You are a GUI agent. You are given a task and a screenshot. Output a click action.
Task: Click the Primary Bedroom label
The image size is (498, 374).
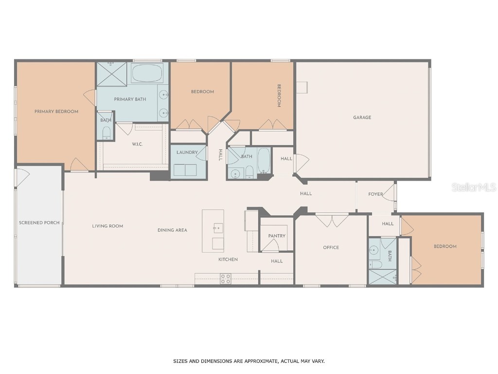tap(56, 112)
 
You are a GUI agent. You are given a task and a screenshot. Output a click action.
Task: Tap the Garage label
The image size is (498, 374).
tap(362, 117)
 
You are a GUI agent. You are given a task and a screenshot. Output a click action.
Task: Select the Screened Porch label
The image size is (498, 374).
tap(39, 223)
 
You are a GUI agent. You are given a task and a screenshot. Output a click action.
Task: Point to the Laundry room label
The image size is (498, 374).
tap(187, 152)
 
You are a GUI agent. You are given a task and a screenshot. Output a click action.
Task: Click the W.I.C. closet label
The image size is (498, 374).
tap(137, 144)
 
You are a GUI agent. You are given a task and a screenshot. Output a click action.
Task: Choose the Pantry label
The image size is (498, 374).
tap(277, 236)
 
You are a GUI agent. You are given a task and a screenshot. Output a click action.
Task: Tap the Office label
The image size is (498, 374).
tap(331, 247)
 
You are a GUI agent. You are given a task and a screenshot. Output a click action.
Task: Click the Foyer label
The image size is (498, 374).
tap(375, 194)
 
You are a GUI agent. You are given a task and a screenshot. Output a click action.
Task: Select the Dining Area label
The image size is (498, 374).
tap(173, 230)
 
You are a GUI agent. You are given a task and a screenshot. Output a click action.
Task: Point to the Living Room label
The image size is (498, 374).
tap(107, 226)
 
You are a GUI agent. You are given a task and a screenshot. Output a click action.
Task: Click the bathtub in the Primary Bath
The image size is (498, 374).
tap(147, 73)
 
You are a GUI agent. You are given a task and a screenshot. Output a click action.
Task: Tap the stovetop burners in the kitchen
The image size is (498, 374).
tap(226, 279)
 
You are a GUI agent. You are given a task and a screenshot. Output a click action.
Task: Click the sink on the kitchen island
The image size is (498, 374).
tap(218, 228)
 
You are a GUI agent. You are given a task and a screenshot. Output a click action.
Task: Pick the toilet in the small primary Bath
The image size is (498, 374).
tap(107, 133)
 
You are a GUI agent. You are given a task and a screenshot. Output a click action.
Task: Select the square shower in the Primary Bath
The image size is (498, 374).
tap(111, 74)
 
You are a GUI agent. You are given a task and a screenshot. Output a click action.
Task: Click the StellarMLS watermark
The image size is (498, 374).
tap(474, 187)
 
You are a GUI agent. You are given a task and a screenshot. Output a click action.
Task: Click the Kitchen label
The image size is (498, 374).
tap(228, 260)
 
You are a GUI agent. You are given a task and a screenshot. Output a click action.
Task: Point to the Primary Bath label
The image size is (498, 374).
tap(130, 99)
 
